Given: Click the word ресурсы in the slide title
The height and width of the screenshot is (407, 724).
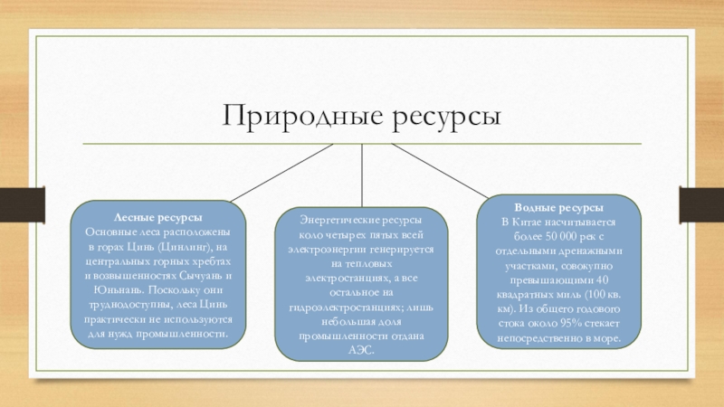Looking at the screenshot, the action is (445, 118).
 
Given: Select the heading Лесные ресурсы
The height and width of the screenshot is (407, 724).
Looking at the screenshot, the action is (157, 218).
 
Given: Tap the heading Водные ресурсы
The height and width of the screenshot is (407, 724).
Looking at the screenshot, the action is (560, 207).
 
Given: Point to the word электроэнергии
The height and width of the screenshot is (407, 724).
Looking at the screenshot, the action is (326, 249).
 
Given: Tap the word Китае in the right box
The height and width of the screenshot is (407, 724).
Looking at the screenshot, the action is (537, 222).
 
